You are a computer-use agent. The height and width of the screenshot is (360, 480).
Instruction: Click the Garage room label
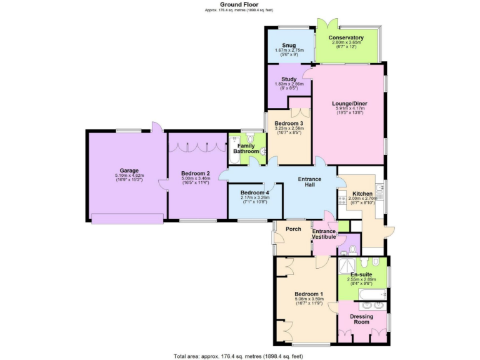(x=129, y=170)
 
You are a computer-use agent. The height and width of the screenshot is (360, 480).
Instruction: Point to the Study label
(x=289, y=79)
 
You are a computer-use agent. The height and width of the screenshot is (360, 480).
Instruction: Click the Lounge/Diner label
(x=349, y=102)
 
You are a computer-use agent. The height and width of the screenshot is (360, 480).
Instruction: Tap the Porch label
(x=293, y=229)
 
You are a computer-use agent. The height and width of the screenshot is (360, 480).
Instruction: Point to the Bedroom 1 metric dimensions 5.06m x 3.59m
(x=309, y=299)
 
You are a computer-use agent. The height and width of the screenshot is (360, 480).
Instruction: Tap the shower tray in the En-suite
(x=345, y=267)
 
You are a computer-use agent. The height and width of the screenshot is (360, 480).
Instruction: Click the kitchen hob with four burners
(x=342, y=199)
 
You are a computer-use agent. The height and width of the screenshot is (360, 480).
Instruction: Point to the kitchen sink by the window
(x=380, y=187)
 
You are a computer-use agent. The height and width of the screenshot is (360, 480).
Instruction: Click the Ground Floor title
(x=239, y=4)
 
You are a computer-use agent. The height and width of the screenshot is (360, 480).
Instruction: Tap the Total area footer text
(x=239, y=356)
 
